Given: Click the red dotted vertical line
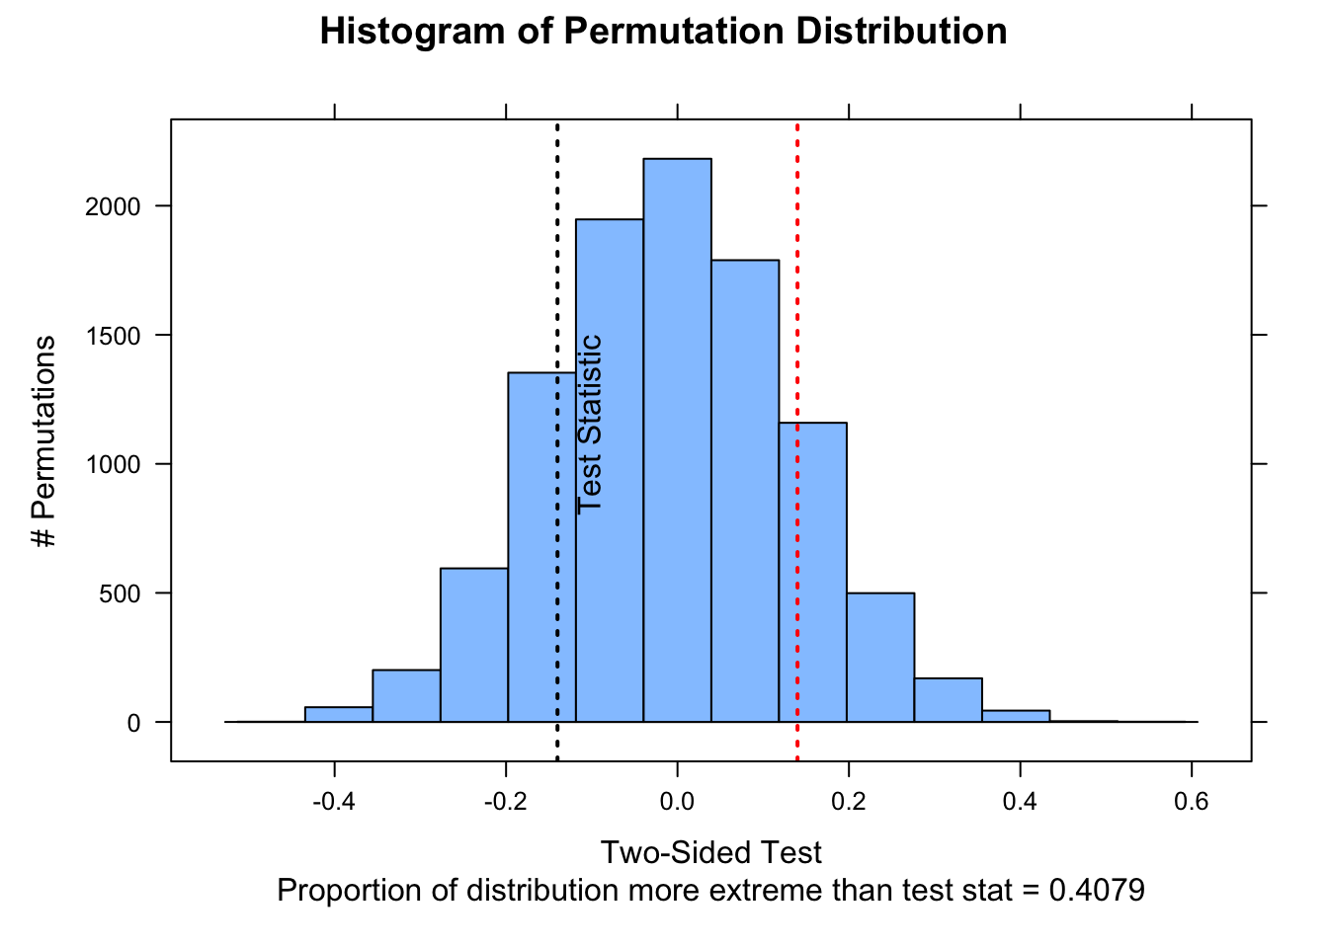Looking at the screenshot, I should click(797, 296).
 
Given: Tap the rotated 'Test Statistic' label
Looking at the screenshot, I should click(590, 424).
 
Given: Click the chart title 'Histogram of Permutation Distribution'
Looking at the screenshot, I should click(663, 32).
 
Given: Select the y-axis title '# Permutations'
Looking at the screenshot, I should click(44, 440).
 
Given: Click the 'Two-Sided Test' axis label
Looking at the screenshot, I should click(711, 852).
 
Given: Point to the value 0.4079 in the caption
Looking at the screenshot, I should click(1097, 891).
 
